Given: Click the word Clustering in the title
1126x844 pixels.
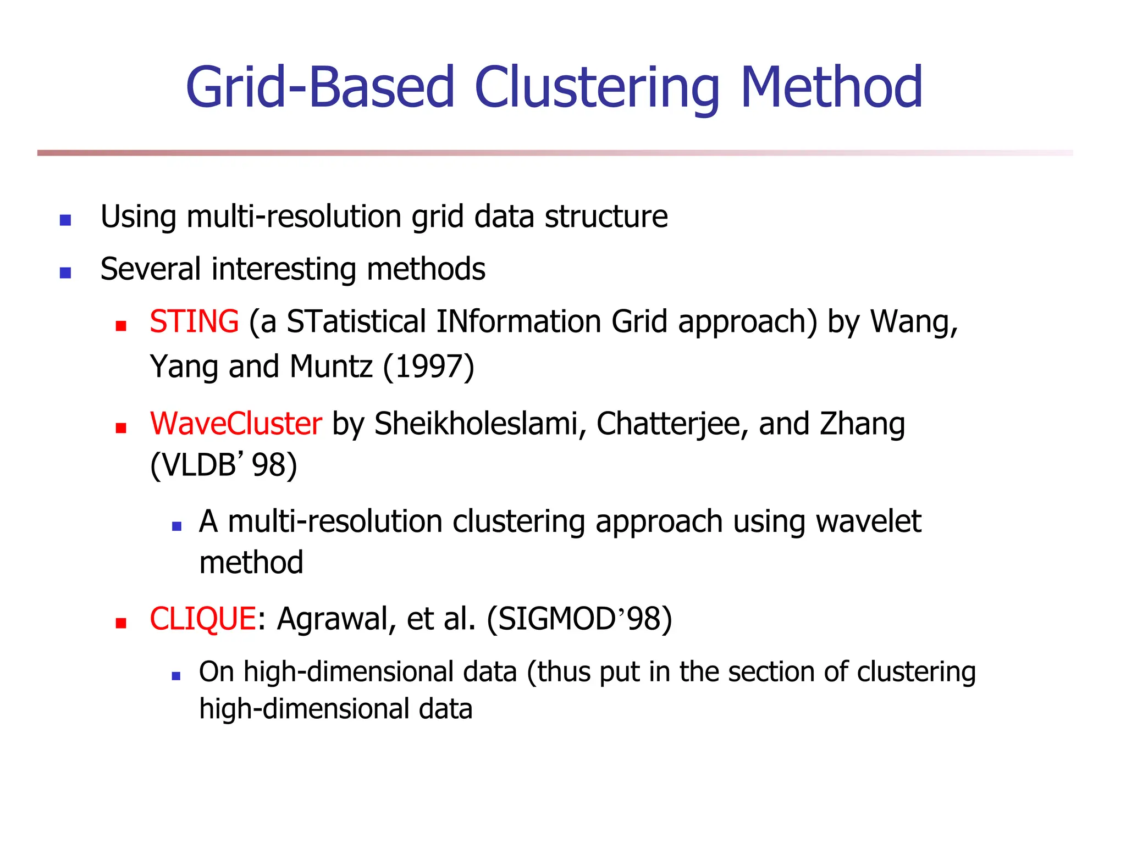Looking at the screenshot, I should point(597,88).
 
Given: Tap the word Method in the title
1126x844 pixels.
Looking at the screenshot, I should point(831,88).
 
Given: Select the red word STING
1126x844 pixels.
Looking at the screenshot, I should point(194,321).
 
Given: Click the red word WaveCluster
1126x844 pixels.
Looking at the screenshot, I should point(236,424).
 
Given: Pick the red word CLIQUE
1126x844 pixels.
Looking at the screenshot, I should point(202,619).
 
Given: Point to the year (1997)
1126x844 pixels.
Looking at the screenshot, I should point(428,367).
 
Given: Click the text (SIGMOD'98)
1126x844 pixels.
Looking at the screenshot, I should point(579,619).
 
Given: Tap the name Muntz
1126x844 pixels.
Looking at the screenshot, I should point(331,367).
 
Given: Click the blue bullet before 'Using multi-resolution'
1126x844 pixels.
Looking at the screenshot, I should point(65,220).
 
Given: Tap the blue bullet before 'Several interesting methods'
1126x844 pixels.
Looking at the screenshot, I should point(65,273).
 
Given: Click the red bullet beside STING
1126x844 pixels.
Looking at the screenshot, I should point(121,326).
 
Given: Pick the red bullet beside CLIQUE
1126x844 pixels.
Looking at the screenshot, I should point(121,623).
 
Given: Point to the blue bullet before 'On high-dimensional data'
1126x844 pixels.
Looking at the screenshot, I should point(176,676).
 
